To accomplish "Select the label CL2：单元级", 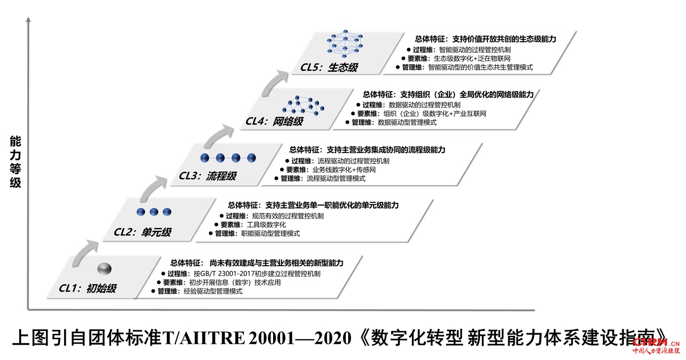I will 143,232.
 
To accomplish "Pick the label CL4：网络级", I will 274,121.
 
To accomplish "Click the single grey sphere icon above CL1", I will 105,268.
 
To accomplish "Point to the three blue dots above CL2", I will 154,212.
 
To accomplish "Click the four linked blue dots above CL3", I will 228,158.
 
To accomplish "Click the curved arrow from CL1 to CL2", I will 82,249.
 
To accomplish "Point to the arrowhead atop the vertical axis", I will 29,20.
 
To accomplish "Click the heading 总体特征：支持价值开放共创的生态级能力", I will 485,39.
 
